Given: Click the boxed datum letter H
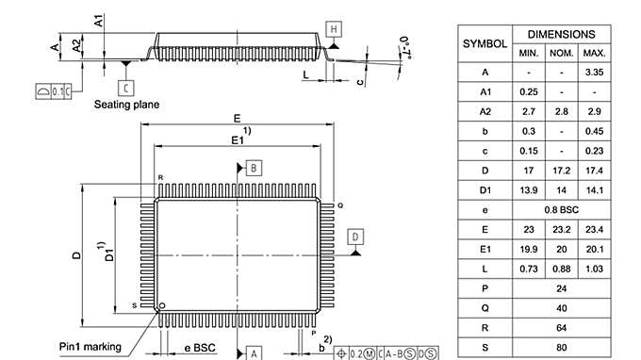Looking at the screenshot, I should pyautogui.click(x=334, y=28).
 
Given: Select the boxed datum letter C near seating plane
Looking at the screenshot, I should pyautogui.click(x=126, y=87).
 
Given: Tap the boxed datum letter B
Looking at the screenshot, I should pyautogui.click(x=254, y=168).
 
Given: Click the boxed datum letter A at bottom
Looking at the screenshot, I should pyautogui.click(x=254, y=352).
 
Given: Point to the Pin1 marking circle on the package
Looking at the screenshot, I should pyautogui.click(x=162, y=305).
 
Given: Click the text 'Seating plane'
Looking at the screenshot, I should pyautogui.click(x=125, y=105).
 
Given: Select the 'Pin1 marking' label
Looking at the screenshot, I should pyautogui.click(x=90, y=347).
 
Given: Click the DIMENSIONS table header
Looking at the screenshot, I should pyautogui.click(x=561, y=33).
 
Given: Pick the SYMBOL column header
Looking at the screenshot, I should pyautogui.click(x=485, y=43).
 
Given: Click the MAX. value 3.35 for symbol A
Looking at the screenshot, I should pyautogui.click(x=594, y=73).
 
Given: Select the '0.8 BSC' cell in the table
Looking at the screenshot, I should pyautogui.click(x=561, y=209).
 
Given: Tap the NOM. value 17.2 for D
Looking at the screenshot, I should pyautogui.click(x=561, y=170).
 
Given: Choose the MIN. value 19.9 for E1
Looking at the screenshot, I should pyautogui.click(x=528, y=249).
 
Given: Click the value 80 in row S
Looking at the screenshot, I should pyautogui.click(x=561, y=347).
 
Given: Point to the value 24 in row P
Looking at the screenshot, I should pyautogui.click(x=561, y=287).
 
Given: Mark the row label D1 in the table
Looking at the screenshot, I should pyautogui.click(x=485, y=189).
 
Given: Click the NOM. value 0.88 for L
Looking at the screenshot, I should pyautogui.click(x=561, y=269).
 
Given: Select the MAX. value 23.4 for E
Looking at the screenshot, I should pyautogui.click(x=594, y=229).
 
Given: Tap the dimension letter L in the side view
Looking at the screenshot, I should pyautogui.click(x=305, y=73).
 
